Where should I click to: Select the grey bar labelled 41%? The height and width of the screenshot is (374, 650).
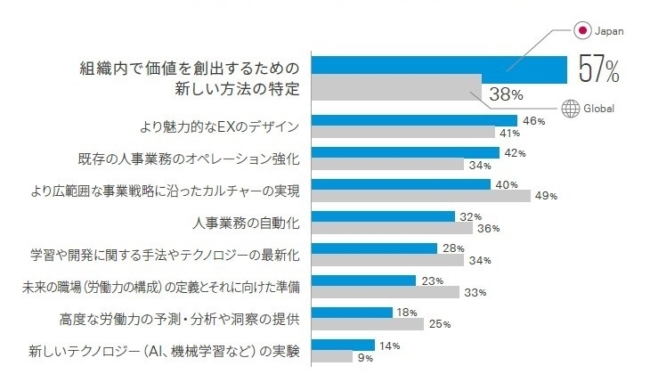[405, 132]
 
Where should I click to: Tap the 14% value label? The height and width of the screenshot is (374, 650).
[390, 345]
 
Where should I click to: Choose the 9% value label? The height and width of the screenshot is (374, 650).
[366, 357]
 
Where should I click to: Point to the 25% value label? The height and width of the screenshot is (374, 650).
[440, 324]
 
